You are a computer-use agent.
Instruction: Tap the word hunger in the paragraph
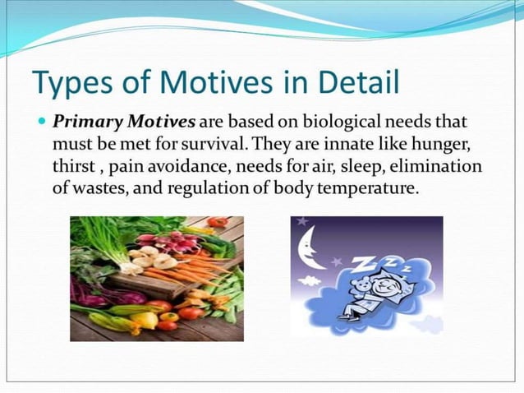tap(439, 146)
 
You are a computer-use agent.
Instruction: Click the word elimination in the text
tap(441, 167)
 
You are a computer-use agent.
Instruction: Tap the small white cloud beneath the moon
tap(310, 280)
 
